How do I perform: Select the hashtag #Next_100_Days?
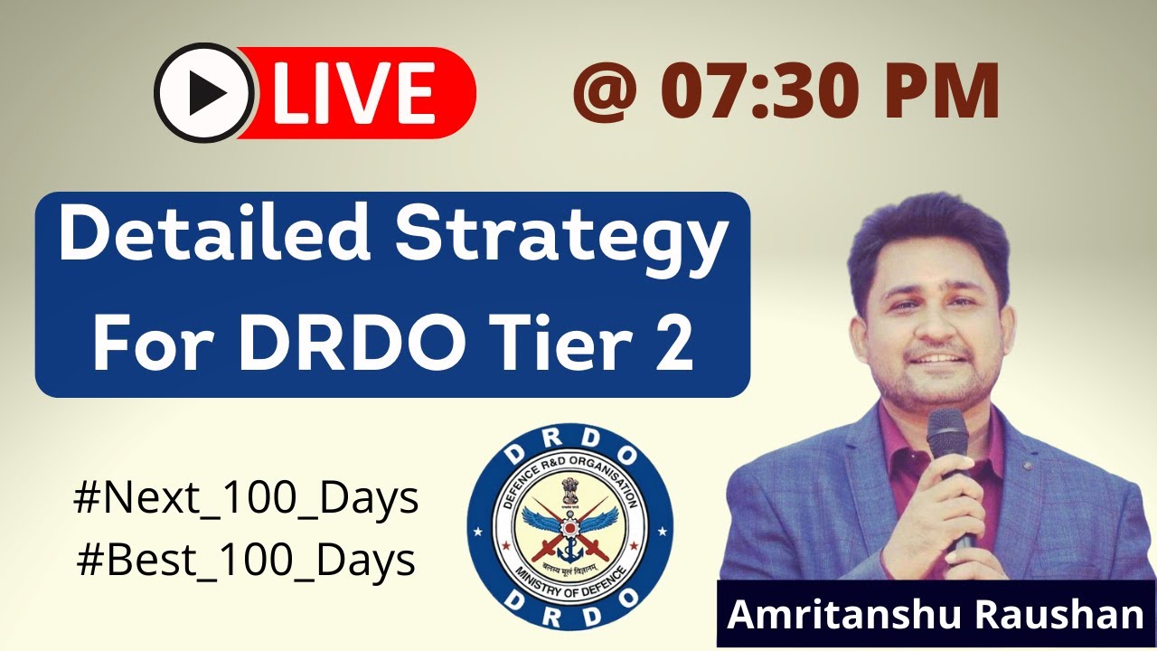(x=246, y=499)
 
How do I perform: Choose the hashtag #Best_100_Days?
(x=246, y=560)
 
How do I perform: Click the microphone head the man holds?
(x=946, y=434)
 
